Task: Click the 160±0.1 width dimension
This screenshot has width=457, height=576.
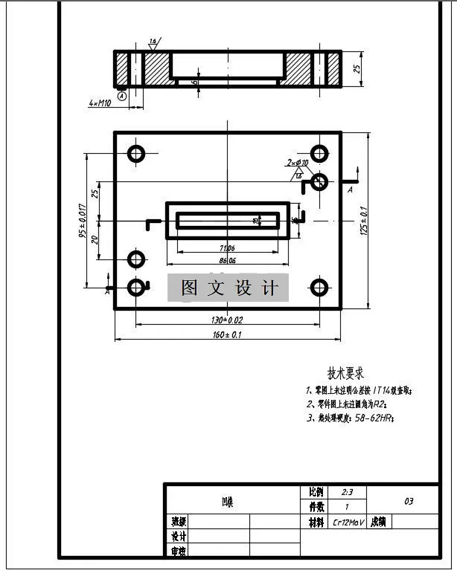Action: point(227,334)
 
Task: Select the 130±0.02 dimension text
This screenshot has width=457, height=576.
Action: point(227,320)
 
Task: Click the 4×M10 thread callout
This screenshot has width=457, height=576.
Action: point(99,103)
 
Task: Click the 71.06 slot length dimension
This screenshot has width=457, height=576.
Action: point(227,247)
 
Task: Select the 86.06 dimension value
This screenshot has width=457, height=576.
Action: point(227,261)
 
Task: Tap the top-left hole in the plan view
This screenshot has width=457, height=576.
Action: point(136,154)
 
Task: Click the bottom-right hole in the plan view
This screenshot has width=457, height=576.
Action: point(319,287)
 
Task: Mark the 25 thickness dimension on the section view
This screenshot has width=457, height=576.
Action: point(357,69)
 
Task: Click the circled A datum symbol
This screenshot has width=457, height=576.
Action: point(122,94)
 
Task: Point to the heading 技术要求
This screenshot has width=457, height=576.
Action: point(345,373)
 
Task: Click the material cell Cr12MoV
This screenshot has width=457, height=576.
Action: point(347,522)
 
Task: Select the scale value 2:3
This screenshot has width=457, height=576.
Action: point(347,492)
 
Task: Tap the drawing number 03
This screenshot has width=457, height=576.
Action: point(409,501)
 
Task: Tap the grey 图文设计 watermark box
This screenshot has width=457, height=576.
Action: point(228,288)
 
